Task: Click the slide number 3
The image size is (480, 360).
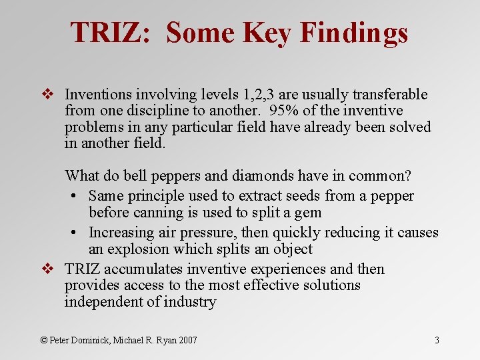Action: pos(437,340)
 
